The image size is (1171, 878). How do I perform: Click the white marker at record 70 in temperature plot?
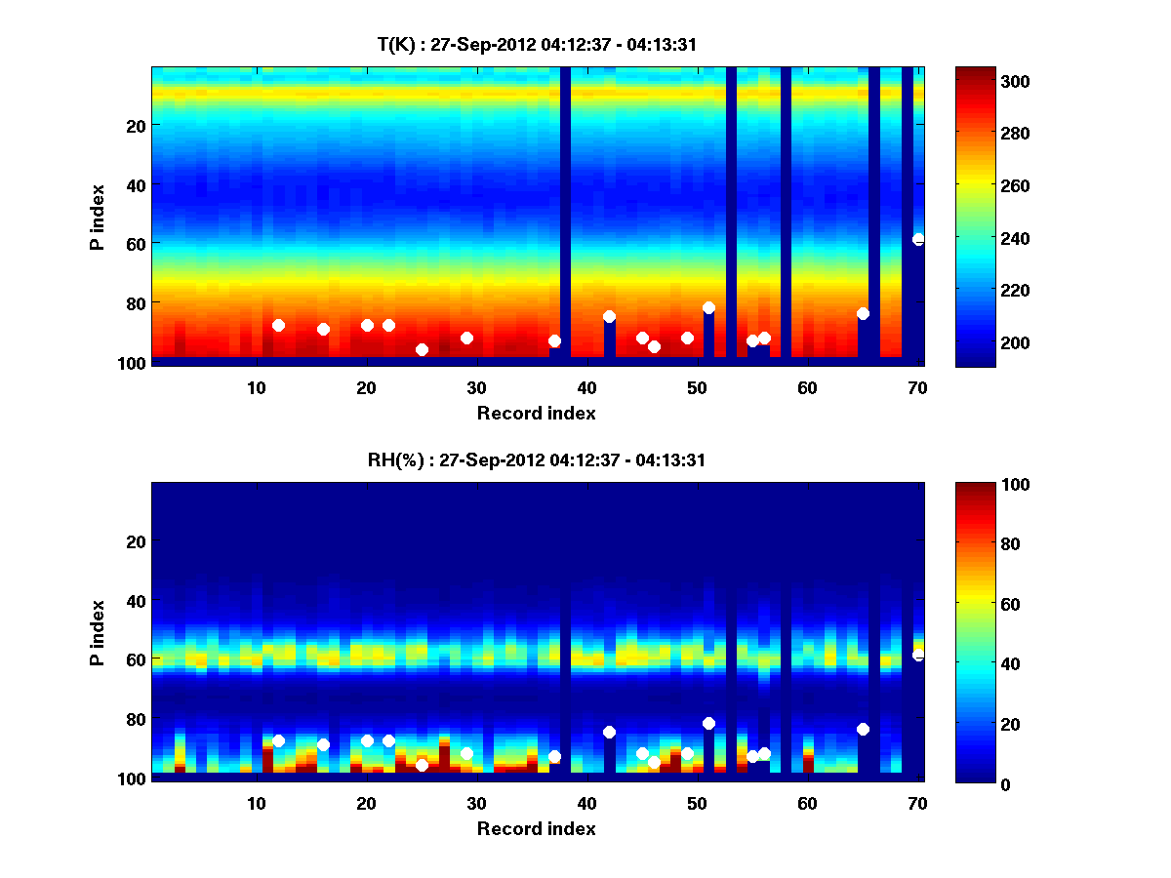coord(918,239)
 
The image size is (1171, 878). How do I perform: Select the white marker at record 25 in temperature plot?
coord(422,349)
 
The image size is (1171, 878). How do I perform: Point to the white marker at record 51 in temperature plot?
coord(708,307)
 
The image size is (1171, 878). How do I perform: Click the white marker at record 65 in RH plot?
coord(863,729)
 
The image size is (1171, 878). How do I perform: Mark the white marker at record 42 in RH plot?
coord(609,732)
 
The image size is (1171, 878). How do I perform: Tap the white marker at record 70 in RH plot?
coord(918,655)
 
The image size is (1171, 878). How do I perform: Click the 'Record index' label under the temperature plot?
coord(536,413)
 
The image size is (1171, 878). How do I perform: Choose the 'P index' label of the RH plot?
coord(97,633)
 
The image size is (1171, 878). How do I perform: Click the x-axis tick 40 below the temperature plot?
coord(586,387)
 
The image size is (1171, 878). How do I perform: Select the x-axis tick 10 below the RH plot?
coord(256,803)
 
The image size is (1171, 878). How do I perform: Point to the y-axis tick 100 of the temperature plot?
coord(134,363)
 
